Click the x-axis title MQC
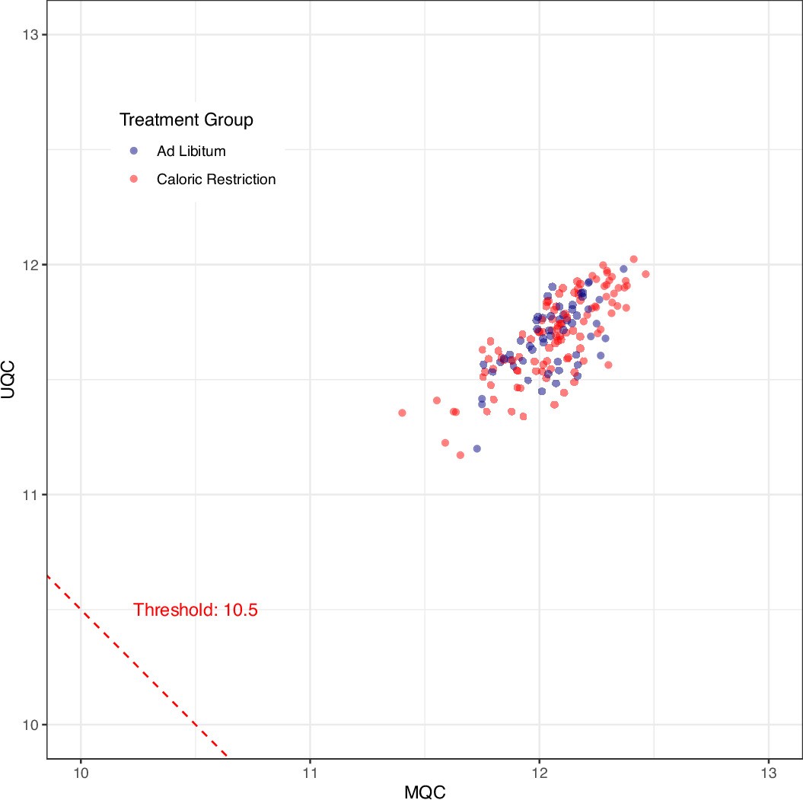tap(424, 791)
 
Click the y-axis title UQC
tap(10, 380)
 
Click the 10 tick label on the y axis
tap(32, 725)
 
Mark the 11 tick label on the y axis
tap(32, 495)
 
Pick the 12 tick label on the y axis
tap(32, 265)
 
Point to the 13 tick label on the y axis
tap(32, 35)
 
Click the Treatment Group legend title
tap(186, 120)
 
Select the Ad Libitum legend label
tap(191, 151)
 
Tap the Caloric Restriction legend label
tap(216, 180)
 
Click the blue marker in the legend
tap(135, 151)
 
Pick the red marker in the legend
tap(135, 180)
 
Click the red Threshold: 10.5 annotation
tap(196, 610)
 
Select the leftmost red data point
tap(402, 413)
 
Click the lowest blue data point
tap(477, 448)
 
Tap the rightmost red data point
tap(645, 274)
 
